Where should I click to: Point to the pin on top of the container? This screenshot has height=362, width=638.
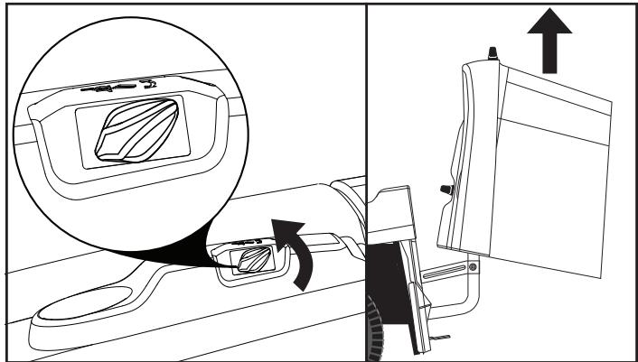tap(493, 55)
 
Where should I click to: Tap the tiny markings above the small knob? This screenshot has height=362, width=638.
tap(245, 242)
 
